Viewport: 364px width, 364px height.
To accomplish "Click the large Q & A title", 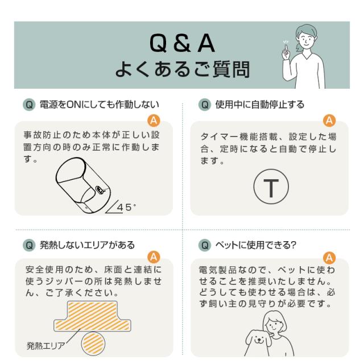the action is tap(182, 43).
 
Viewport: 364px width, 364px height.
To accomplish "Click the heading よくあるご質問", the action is tap(183, 69).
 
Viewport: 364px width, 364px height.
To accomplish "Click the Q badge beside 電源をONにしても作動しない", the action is tap(29, 105).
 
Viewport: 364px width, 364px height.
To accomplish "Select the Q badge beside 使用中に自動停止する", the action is tap(205, 105).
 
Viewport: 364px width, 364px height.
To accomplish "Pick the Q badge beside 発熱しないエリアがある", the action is tap(29, 245).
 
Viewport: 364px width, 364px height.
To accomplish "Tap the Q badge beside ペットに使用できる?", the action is tap(205, 245).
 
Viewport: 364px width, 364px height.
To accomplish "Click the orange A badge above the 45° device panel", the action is tap(154, 121).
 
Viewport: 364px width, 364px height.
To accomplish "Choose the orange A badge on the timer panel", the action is tap(329, 121).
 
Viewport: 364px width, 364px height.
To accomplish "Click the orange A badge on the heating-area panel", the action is tap(154, 257).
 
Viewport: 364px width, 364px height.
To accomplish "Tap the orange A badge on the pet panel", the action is tap(329, 258).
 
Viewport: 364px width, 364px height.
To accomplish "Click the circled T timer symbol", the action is tap(271, 187).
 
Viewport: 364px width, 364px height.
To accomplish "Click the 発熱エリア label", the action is tap(45, 346).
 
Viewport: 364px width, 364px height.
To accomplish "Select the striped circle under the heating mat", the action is tap(93, 344).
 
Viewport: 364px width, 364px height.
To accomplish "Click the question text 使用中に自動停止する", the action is tap(259, 105).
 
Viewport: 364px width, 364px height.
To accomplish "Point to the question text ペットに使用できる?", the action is tap(255, 245).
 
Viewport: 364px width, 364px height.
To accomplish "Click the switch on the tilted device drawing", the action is tap(100, 189).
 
